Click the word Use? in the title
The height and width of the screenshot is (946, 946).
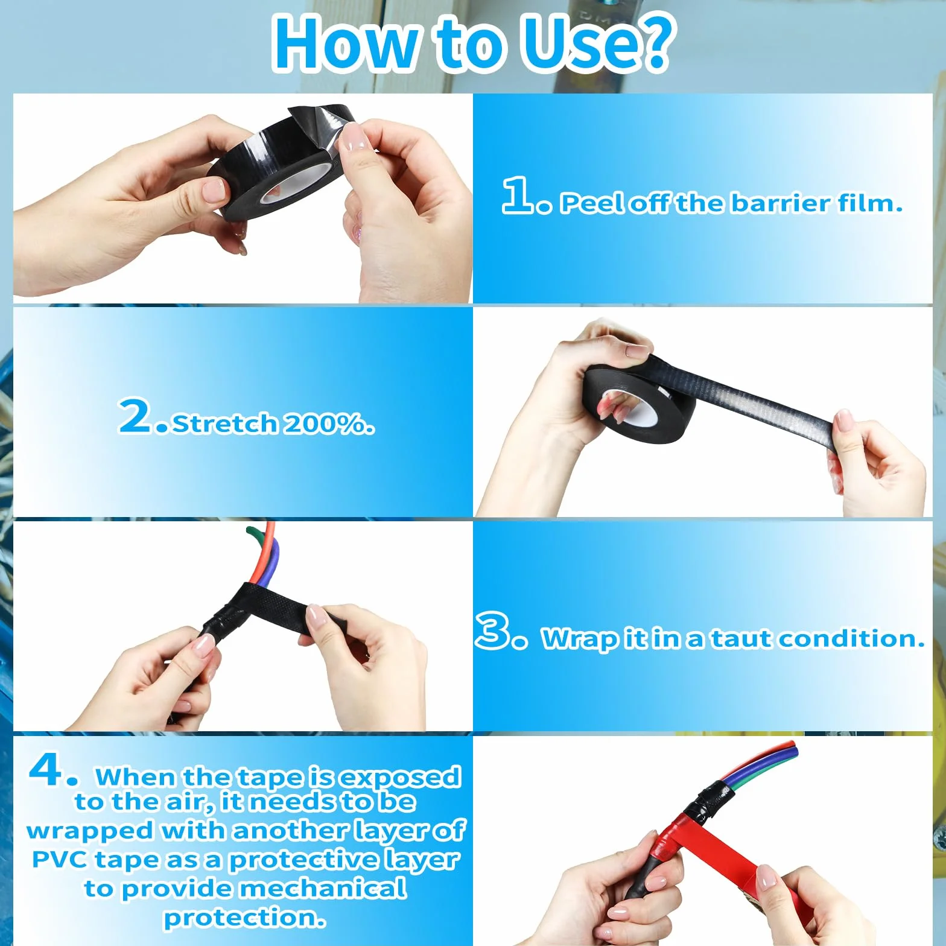click(x=596, y=44)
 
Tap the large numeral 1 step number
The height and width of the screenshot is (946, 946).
click(x=518, y=195)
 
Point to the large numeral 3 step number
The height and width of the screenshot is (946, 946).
click(x=494, y=631)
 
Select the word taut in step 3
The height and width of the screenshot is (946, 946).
click(x=741, y=638)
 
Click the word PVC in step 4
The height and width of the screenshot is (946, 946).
click(x=59, y=859)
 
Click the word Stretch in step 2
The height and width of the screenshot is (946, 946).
click(x=224, y=424)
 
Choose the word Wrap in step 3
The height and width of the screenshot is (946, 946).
click(x=580, y=639)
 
